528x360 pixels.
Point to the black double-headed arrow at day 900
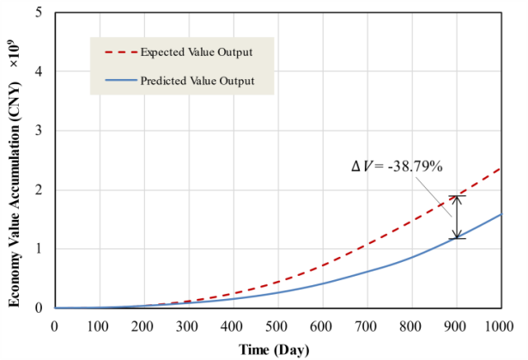click(x=458, y=217)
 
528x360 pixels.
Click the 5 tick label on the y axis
click(x=42, y=13)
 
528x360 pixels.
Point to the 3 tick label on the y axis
click(x=42, y=131)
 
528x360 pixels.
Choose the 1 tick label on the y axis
click(x=42, y=249)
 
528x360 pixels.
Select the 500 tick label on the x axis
click(x=277, y=326)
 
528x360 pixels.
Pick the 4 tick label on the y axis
click(x=42, y=72)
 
